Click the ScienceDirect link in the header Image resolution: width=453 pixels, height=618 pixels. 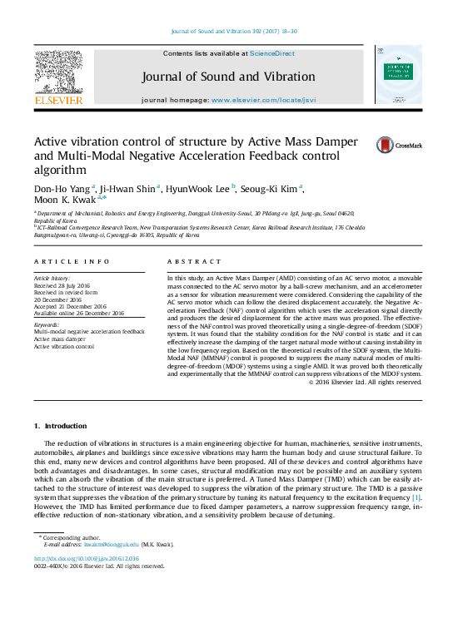(x=272, y=53)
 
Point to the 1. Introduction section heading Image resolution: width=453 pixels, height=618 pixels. (x=66, y=426)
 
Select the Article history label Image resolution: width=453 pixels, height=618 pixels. (x=52, y=276)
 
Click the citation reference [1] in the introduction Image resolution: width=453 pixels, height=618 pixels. (x=417, y=497)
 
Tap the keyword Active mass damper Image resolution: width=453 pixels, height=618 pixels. (x=61, y=339)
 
